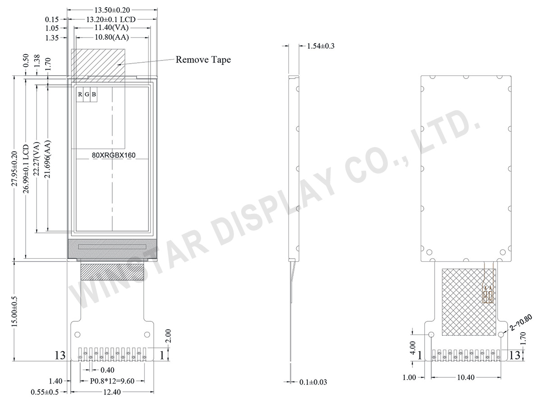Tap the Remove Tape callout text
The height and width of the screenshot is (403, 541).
pos(203,60)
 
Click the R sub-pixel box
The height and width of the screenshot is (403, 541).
pos(80,94)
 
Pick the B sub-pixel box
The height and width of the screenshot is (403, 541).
pos(94,94)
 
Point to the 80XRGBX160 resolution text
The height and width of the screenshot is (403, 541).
pos(114,155)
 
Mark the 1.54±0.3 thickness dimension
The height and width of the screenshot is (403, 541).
pos(321,46)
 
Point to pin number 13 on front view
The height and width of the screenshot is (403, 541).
pos(60,356)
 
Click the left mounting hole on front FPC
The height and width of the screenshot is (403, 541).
pos(78,334)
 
